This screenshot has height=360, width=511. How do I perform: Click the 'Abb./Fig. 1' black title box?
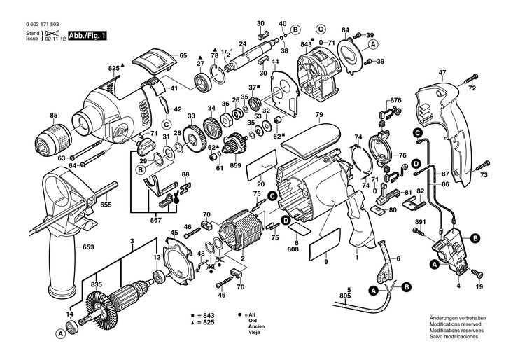tap(87, 36)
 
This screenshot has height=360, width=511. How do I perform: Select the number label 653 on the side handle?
tap(87, 247)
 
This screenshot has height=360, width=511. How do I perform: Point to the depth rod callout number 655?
tap(106, 205)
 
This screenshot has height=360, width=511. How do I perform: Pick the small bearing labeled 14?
tap(71, 327)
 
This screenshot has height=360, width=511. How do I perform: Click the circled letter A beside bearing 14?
tap(59, 333)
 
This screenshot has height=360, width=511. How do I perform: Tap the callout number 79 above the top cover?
tap(319, 114)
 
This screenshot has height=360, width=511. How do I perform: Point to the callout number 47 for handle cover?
tap(442, 73)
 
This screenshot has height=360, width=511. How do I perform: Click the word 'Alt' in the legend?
tap(252, 315)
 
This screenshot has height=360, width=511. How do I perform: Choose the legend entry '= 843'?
tap(205, 316)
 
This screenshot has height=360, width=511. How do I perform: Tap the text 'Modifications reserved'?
tap(455, 324)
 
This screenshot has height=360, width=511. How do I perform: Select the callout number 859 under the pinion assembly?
tap(235, 165)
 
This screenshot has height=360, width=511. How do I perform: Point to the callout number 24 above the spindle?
tap(242, 43)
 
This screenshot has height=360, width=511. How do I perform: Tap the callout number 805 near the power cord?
tap(345, 296)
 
